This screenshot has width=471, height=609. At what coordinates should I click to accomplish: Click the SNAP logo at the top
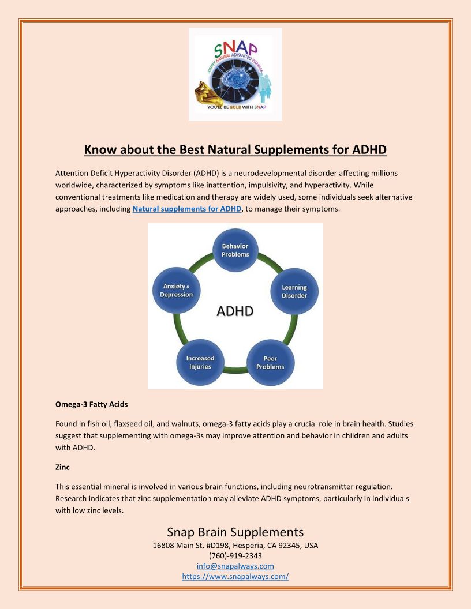pyautogui.click(x=235, y=74)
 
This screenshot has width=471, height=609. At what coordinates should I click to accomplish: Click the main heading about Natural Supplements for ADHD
pyautogui.click(x=235, y=150)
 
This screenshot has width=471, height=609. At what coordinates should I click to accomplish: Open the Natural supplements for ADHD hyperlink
pyautogui.click(x=186, y=209)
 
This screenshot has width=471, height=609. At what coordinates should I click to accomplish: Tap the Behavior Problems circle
pyautogui.click(x=235, y=250)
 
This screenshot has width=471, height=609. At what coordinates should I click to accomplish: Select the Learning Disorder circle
pyautogui.click(x=294, y=291)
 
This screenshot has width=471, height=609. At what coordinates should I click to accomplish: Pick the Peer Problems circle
pyautogui.click(x=270, y=363)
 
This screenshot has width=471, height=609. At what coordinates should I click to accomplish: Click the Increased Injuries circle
pyautogui.click(x=200, y=363)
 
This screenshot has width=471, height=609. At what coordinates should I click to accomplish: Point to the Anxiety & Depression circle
pyautogui.click(x=176, y=290)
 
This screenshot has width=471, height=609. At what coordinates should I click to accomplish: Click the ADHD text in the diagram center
pyautogui.click(x=235, y=311)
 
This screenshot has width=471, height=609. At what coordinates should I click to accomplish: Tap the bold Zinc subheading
pyautogui.click(x=62, y=467)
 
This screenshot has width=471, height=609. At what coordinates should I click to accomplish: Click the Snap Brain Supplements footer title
pyautogui.click(x=235, y=532)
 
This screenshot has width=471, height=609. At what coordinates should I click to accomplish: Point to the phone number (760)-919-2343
pyautogui.click(x=235, y=555)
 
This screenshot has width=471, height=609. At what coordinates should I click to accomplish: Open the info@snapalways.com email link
pyautogui.click(x=235, y=566)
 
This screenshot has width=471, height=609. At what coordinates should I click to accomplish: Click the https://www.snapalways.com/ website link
pyautogui.click(x=235, y=576)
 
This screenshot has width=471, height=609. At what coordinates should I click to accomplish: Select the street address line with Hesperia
pyautogui.click(x=235, y=545)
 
